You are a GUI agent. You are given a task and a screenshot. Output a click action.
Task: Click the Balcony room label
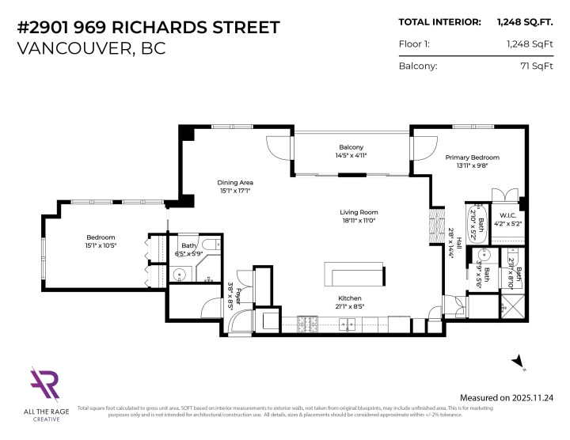(x=351, y=147)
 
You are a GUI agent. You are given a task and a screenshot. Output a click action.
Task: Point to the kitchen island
(x=355, y=278)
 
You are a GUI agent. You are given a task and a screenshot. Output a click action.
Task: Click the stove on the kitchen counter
(x=307, y=322)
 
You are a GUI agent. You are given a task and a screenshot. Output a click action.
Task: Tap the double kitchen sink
(x=347, y=323)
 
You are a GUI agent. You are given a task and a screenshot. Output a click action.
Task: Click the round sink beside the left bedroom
(x=180, y=275)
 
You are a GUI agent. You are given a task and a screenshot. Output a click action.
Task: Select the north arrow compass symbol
(x=519, y=362)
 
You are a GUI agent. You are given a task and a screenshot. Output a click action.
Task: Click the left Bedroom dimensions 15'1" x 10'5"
(x=101, y=246)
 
